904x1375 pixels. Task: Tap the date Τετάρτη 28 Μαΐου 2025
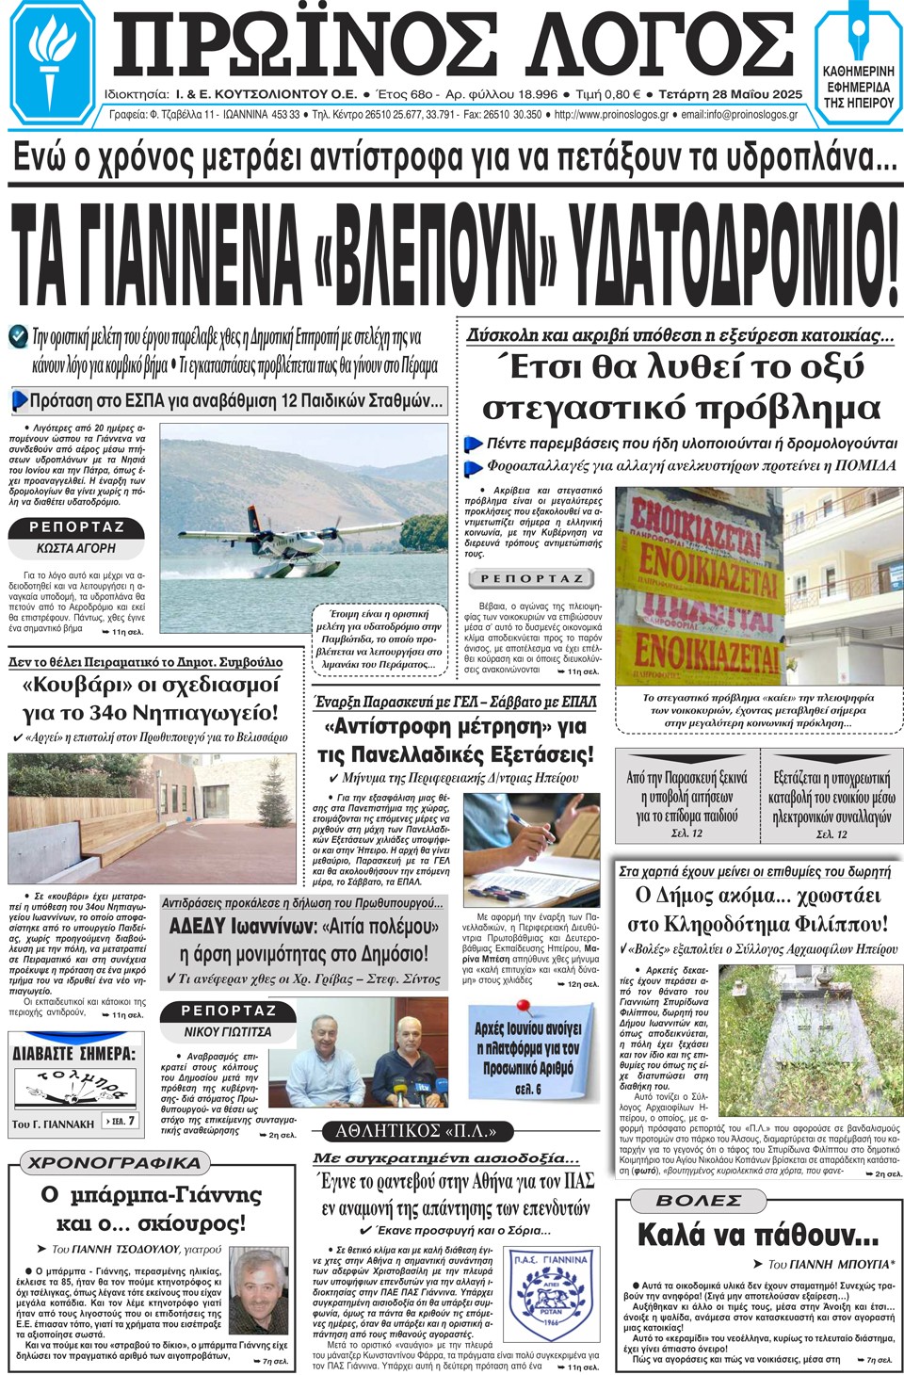[x=731, y=94]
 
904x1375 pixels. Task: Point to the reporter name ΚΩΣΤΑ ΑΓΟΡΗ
[x=76, y=548]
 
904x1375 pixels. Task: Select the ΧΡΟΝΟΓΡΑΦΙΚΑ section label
[x=114, y=1163]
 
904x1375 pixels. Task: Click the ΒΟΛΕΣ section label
[x=699, y=1201]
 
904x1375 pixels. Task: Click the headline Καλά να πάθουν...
[x=757, y=1234]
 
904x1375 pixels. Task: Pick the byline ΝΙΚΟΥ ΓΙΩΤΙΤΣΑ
[x=228, y=1031]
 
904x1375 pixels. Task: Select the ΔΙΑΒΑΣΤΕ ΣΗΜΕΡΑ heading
[x=74, y=1053]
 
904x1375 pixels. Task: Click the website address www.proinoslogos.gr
[x=611, y=115]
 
